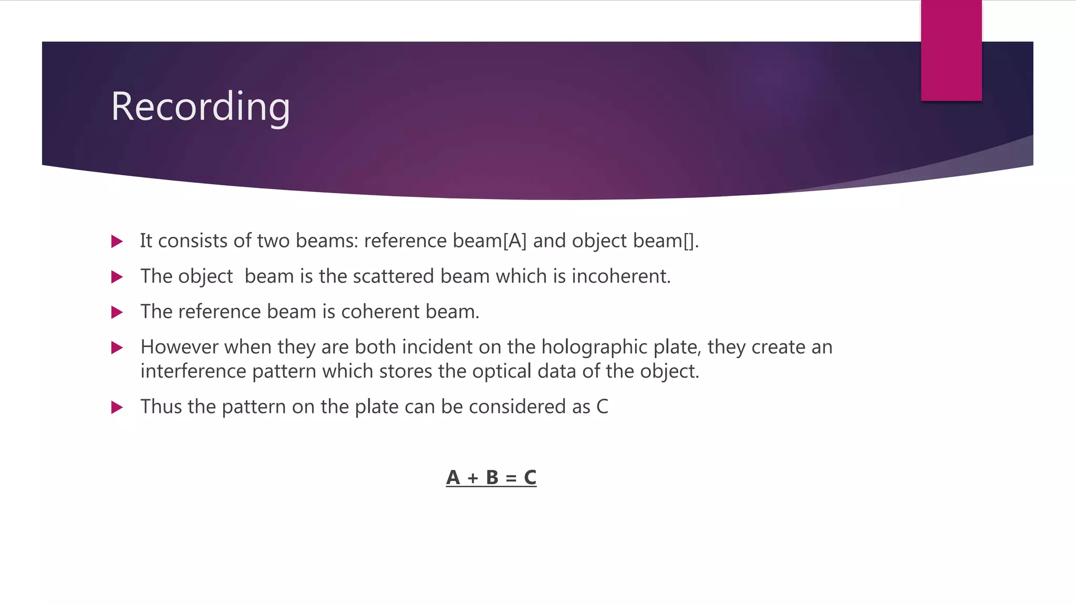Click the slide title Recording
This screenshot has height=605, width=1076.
pyautogui.click(x=200, y=107)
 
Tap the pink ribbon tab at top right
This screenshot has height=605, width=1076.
pyautogui.click(x=951, y=50)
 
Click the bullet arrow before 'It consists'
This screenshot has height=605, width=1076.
pyautogui.click(x=117, y=242)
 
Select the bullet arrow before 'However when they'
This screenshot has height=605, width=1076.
pyautogui.click(x=117, y=348)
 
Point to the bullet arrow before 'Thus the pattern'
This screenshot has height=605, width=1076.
pyautogui.click(x=117, y=408)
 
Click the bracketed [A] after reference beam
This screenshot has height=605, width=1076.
pyautogui.click(x=514, y=241)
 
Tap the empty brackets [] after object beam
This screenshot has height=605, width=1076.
pyautogui.click(x=689, y=241)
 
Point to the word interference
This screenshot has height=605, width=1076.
pyautogui.click(x=193, y=371)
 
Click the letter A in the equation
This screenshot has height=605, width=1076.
pyautogui.click(x=453, y=477)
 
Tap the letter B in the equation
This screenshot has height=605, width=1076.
pyautogui.click(x=492, y=477)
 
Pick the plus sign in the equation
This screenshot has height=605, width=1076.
pyautogui.click(x=473, y=478)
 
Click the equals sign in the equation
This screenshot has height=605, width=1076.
pyautogui.click(x=511, y=478)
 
